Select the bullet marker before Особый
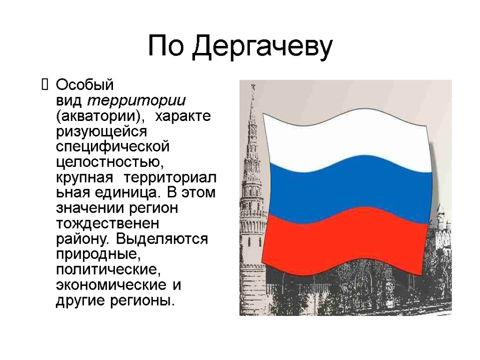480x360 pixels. (45, 85)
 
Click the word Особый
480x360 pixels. (85, 85)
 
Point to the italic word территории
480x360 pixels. (137, 101)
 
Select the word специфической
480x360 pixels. (112, 147)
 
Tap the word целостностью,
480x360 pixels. (110, 162)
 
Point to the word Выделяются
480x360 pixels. (162, 239)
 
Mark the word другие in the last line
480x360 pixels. (77, 300)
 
